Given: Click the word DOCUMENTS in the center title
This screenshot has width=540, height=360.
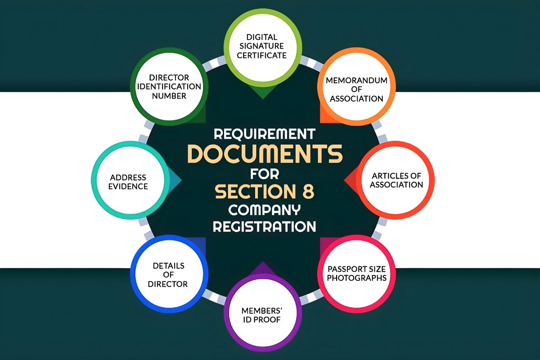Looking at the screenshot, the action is pos(265,153).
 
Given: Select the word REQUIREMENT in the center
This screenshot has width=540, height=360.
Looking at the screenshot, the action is pos(265,134).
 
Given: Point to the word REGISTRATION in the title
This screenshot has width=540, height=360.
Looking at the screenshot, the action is pos(265,226).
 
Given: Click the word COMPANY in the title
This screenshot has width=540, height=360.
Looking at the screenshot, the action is pos(265,210).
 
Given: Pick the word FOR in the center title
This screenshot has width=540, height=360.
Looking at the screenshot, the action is pos(265,174).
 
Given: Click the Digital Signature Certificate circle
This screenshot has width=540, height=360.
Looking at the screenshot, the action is pos(263,47).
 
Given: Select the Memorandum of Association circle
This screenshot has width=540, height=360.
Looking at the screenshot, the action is pos(356,86).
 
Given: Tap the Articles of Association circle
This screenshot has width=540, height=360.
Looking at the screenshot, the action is pos(396,180).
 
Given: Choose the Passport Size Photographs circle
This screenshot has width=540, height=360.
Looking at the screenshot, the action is pos(356,274).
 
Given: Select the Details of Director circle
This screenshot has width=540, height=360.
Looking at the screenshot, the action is pos(169,274).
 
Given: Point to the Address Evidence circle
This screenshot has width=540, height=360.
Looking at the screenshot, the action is pos(130,180).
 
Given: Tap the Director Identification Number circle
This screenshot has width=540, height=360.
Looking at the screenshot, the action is pos(169,86).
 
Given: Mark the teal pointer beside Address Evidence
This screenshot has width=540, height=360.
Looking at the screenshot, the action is pos(175,180).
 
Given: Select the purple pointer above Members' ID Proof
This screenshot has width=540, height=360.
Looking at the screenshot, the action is pos(263,268).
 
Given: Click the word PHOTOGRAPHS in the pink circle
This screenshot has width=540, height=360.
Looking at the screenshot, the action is pos(356,278).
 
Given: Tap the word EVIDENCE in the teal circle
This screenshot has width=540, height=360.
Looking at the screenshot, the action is pos(128,186).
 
